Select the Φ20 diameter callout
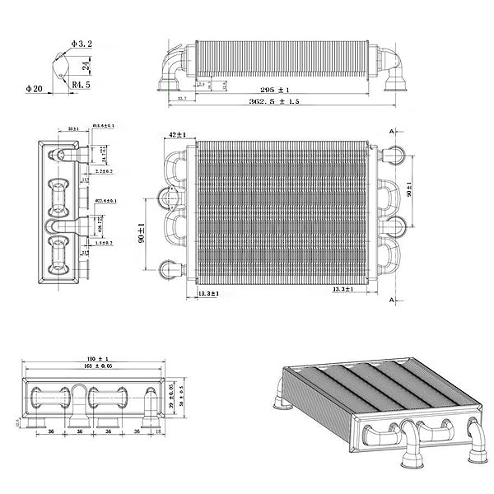point(35,87)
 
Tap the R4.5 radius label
point(81,84)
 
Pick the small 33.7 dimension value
point(182,99)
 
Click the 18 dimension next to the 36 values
point(157,430)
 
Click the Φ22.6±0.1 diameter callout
point(105,201)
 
